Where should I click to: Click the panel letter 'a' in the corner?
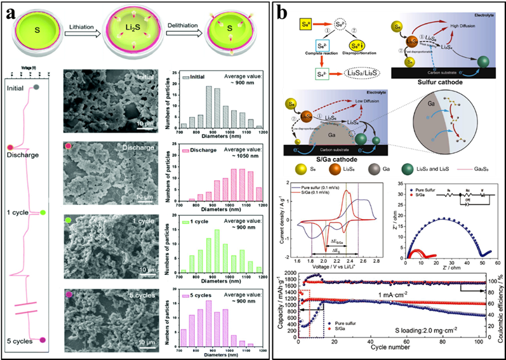click(11, 13)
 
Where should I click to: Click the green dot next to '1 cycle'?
click(44, 212)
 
